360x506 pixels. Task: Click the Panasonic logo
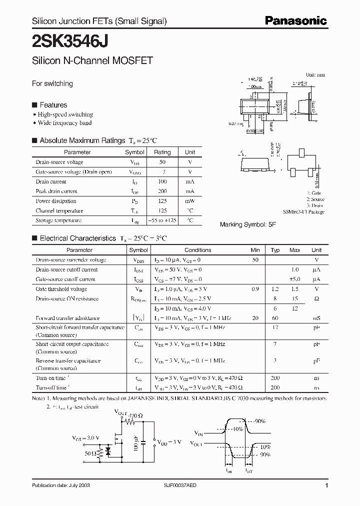pyautogui.click(x=295, y=21)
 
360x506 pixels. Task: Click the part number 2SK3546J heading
pyautogui.click(x=70, y=39)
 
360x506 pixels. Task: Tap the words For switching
pyautogui.click(x=52, y=83)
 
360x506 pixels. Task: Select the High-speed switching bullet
pyautogui.click(x=65, y=114)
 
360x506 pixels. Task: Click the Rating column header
pyautogui.click(x=162, y=152)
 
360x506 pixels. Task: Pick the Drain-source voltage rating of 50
pyautogui.click(x=162, y=162)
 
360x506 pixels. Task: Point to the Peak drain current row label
pyautogui.click(x=56, y=191)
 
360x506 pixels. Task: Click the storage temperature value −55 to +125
pyautogui.click(x=162, y=220)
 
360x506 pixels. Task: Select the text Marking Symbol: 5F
pyautogui.click(x=248, y=225)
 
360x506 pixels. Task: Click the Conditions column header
pyautogui.click(x=198, y=250)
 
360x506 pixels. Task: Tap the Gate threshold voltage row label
pyautogui.click(x=61, y=289)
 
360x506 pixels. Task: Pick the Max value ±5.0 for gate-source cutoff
pyautogui.click(x=295, y=279)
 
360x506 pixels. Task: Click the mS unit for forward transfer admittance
pyautogui.click(x=316, y=318)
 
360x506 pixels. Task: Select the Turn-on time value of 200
pyautogui.click(x=275, y=378)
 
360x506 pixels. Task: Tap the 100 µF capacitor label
pyautogui.click(x=136, y=442)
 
